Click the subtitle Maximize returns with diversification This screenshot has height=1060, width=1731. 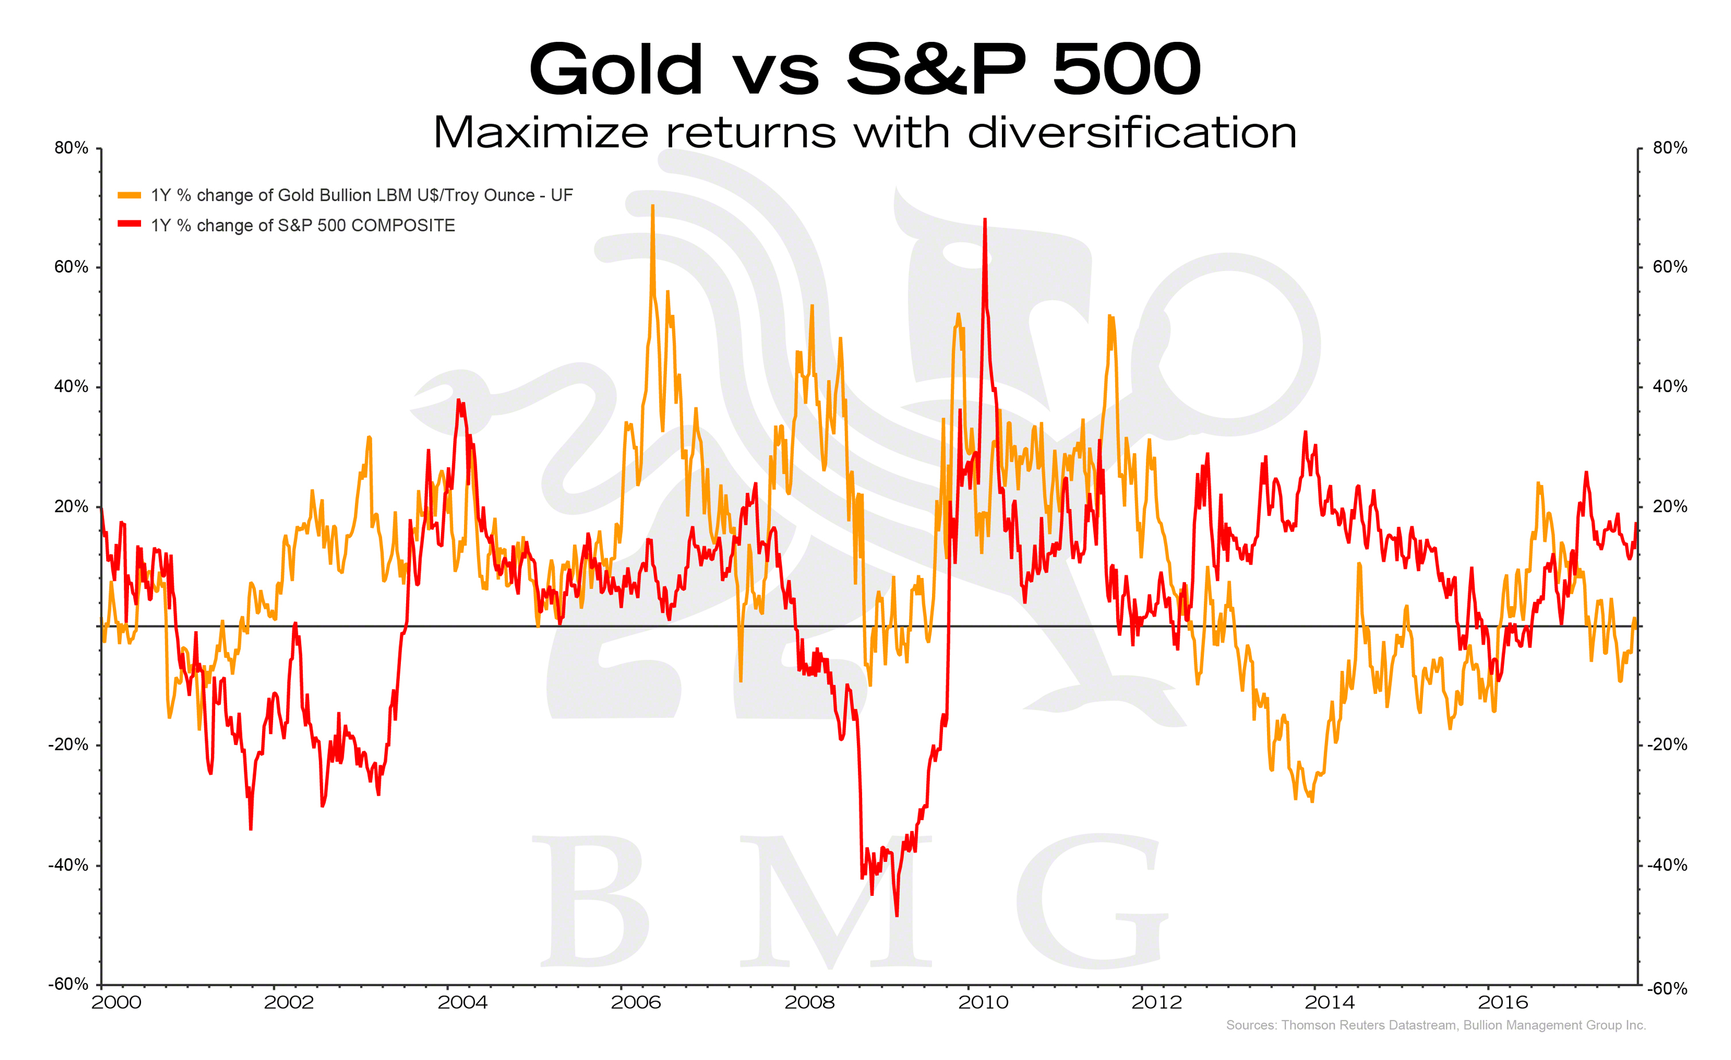[x=865, y=132]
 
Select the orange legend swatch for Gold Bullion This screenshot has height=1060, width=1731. [x=129, y=195]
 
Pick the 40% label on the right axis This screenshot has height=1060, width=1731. [x=1670, y=386]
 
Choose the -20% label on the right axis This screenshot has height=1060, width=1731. [x=1667, y=744]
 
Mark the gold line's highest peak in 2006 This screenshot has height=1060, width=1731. [x=653, y=206]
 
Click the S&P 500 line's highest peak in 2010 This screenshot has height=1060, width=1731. [x=985, y=220]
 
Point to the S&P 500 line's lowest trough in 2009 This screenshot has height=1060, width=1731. [x=897, y=915]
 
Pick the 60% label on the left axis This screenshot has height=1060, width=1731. [x=71, y=267]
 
